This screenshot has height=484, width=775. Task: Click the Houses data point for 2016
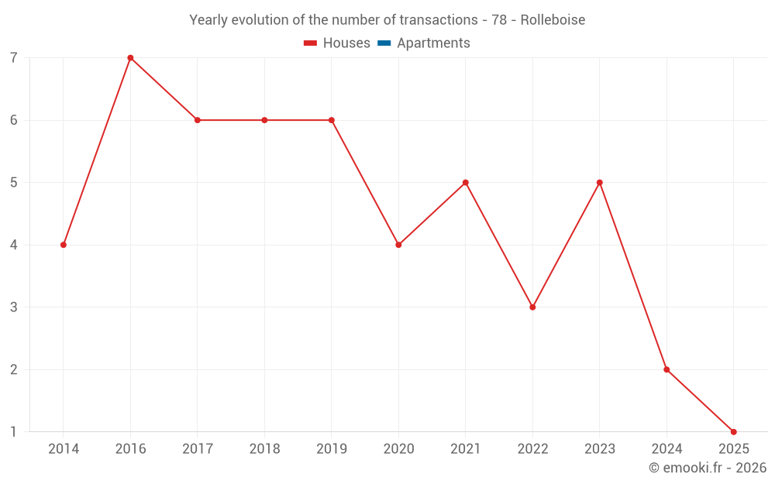130,57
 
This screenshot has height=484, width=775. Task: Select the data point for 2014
64,245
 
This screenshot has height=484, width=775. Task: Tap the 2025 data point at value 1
733,432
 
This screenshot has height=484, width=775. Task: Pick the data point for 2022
532,307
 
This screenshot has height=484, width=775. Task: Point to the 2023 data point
600,183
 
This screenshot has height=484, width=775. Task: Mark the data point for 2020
398,245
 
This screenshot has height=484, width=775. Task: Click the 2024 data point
666,369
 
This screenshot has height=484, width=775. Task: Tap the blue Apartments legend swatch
384,43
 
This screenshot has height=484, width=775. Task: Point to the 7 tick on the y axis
14,58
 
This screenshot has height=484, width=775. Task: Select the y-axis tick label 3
14,307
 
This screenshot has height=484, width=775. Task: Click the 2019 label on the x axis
332,448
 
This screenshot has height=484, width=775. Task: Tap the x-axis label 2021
466,448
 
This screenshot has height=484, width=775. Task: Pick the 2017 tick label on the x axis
198,448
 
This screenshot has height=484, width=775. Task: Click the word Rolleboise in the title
553,19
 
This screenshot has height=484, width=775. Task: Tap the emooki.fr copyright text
708,468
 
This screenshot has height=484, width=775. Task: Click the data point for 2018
264,120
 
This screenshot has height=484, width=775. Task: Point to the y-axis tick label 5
14,183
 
